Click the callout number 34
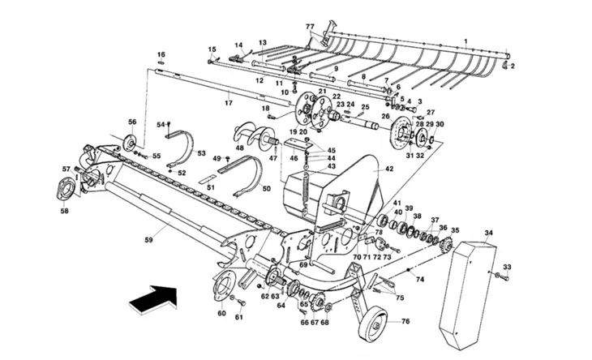click(x=488, y=234)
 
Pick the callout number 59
click(x=148, y=239)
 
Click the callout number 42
click(x=389, y=169)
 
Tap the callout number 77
click(x=310, y=27)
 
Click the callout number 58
click(x=64, y=212)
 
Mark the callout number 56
click(x=132, y=122)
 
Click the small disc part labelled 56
click(x=128, y=144)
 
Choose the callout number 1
click(x=465, y=41)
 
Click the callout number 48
click(x=240, y=148)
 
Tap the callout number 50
click(x=266, y=189)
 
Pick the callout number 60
click(x=221, y=313)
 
